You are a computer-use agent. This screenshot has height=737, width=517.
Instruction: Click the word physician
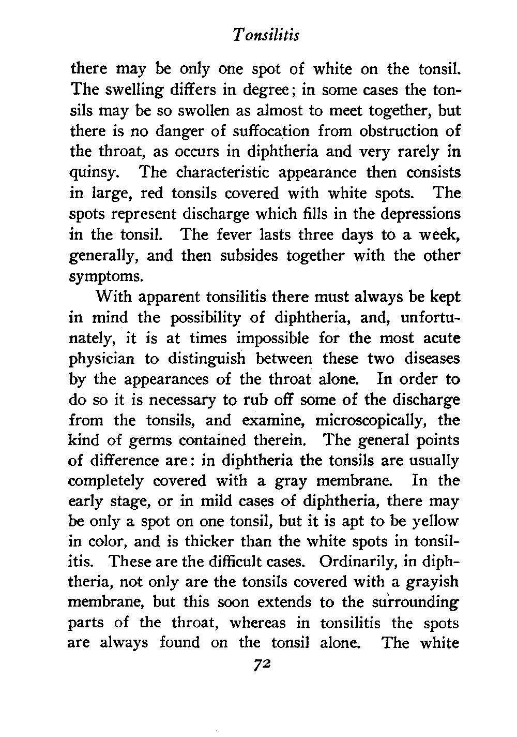(102, 359)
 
